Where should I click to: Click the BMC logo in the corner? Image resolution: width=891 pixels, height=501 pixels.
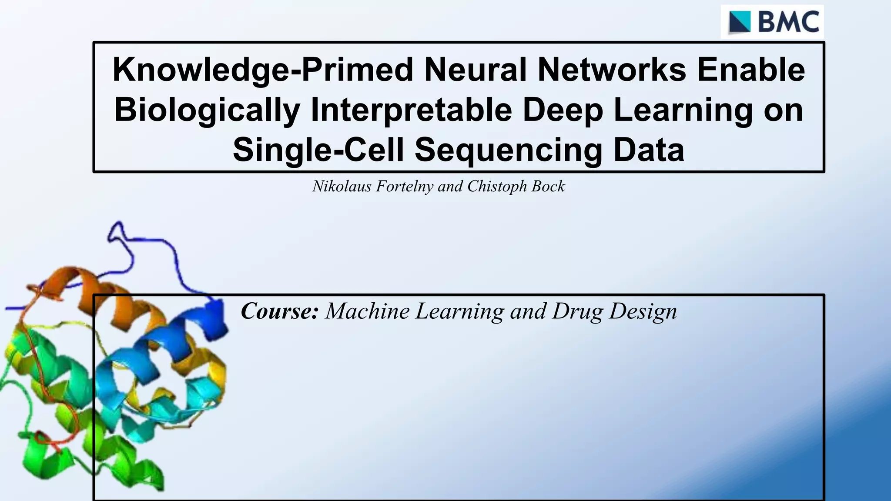click(772, 22)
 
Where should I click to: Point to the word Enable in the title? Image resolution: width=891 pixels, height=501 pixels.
click(751, 70)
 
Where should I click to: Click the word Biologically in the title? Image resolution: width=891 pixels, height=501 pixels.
click(207, 110)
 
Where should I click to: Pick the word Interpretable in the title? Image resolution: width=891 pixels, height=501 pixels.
click(411, 110)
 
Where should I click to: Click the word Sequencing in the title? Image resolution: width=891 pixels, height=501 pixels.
click(509, 150)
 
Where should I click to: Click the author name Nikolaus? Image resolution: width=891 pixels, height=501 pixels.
click(342, 187)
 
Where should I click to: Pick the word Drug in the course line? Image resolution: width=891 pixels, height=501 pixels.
click(577, 311)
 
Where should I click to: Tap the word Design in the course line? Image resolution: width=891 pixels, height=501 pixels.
click(643, 311)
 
